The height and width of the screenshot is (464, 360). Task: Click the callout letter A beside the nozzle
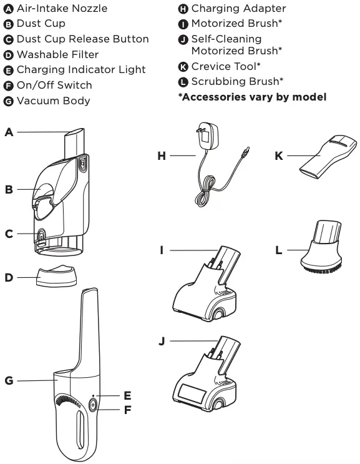9,132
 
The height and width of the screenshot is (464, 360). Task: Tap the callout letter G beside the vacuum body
9,380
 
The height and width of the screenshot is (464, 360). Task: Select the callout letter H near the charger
162,155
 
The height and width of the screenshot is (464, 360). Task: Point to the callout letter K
278,155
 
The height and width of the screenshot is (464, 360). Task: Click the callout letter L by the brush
278,250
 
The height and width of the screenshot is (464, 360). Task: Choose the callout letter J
162,341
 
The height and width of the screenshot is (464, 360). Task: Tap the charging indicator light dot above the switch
94,396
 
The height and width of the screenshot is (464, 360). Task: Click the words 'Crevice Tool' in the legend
226,66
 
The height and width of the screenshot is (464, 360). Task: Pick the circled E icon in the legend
9,70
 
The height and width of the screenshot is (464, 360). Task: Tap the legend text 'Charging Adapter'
238,9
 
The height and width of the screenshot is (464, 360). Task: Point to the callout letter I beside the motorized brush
162,250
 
